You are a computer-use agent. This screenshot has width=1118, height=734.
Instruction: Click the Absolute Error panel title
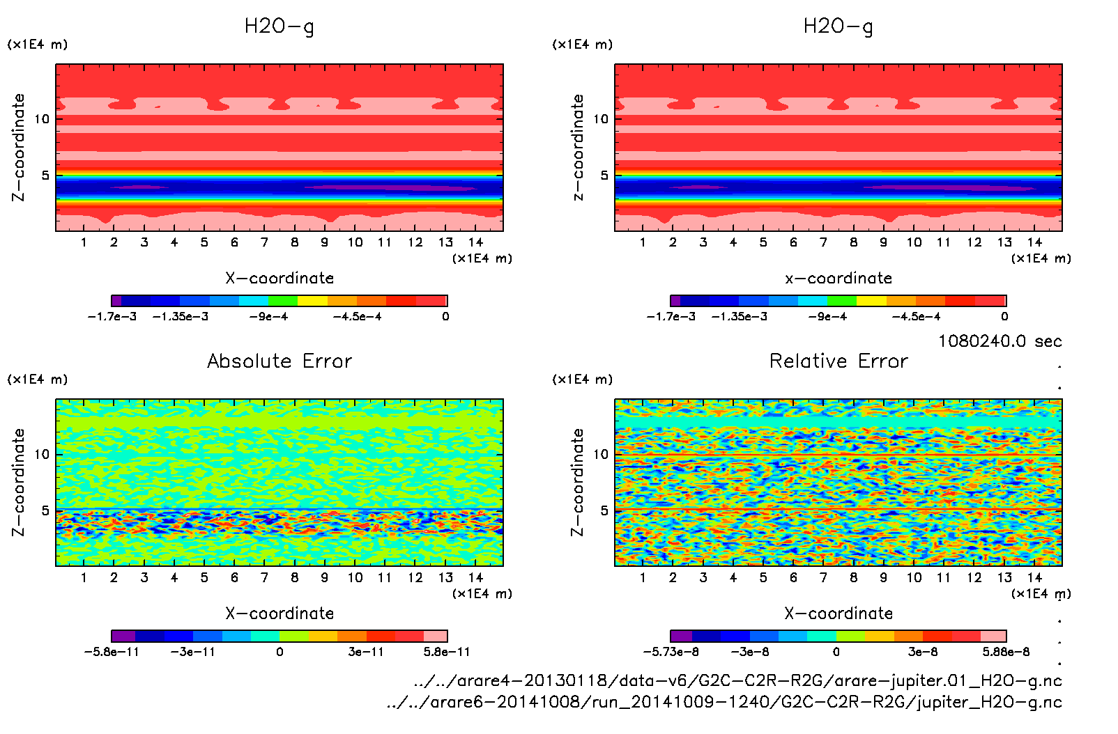[279, 361]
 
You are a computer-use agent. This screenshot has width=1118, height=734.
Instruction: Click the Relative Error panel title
[839, 361]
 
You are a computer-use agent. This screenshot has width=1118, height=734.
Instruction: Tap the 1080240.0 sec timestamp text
[1000, 341]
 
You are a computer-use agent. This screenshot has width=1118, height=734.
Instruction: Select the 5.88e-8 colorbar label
[1006, 652]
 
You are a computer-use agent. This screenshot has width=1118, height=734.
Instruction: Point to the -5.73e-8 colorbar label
[671, 652]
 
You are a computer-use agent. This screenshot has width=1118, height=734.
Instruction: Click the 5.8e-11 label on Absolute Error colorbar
[447, 652]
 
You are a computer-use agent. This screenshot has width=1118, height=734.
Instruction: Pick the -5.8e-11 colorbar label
[112, 652]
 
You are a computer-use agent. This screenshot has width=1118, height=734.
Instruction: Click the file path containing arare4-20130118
[737, 680]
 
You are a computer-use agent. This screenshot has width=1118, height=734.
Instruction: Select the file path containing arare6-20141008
[724, 702]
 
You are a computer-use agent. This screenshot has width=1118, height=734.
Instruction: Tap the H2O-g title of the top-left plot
[279, 26]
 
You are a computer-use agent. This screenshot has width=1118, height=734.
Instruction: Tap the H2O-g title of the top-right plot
[839, 26]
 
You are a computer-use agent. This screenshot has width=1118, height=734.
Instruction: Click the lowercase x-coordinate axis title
[839, 279]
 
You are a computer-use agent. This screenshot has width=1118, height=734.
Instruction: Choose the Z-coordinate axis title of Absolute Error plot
[19, 482]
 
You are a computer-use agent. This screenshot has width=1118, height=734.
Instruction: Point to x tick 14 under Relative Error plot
[1034, 577]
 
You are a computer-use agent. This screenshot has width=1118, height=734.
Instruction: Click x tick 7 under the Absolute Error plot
[264, 577]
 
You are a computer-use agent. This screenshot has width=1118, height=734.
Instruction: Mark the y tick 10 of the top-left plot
[43, 119]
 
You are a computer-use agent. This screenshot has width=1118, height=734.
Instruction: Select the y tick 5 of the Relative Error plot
[604, 510]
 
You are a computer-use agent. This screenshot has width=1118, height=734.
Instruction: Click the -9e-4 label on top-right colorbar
[827, 317]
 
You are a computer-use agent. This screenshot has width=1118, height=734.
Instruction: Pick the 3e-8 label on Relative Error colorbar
[923, 652]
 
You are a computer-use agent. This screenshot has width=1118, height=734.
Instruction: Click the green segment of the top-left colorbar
[283, 301]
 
